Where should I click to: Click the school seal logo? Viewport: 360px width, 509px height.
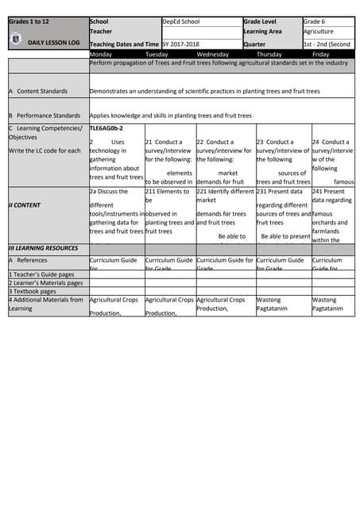(x=17, y=36)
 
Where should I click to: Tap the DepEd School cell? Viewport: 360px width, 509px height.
(x=181, y=21)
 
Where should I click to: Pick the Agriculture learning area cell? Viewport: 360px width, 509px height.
(x=319, y=32)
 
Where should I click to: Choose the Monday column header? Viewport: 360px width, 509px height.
(x=101, y=54)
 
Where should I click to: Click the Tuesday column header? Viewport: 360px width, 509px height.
(x=157, y=54)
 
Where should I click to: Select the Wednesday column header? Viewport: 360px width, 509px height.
(x=212, y=54)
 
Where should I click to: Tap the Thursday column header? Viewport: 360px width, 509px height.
(x=269, y=54)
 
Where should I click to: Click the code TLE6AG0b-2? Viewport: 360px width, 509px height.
(x=106, y=127)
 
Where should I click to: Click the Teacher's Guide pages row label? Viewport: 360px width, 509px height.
(x=41, y=274)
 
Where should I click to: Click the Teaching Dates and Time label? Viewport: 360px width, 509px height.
(x=124, y=44)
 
